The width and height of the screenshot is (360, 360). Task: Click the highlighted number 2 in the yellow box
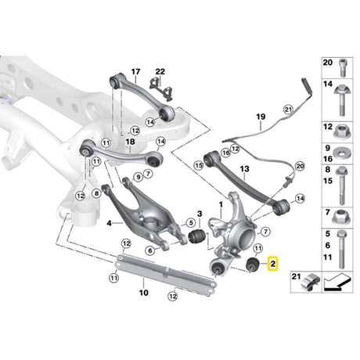[273, 264]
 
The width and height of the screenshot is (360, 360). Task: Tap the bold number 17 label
[135, 71]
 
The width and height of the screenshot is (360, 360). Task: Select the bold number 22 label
[160, 71]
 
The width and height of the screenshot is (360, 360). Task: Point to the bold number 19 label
[261, 117]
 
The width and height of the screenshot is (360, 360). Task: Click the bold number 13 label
[244, 169]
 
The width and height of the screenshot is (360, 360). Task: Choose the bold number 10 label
[144, 293]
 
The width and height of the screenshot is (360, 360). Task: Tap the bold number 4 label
[109, 223]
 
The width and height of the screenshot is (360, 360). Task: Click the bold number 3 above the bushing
[200, 214]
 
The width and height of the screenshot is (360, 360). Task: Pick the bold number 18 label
[130, 142]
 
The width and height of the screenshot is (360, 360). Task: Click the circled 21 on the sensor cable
[288, 110]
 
